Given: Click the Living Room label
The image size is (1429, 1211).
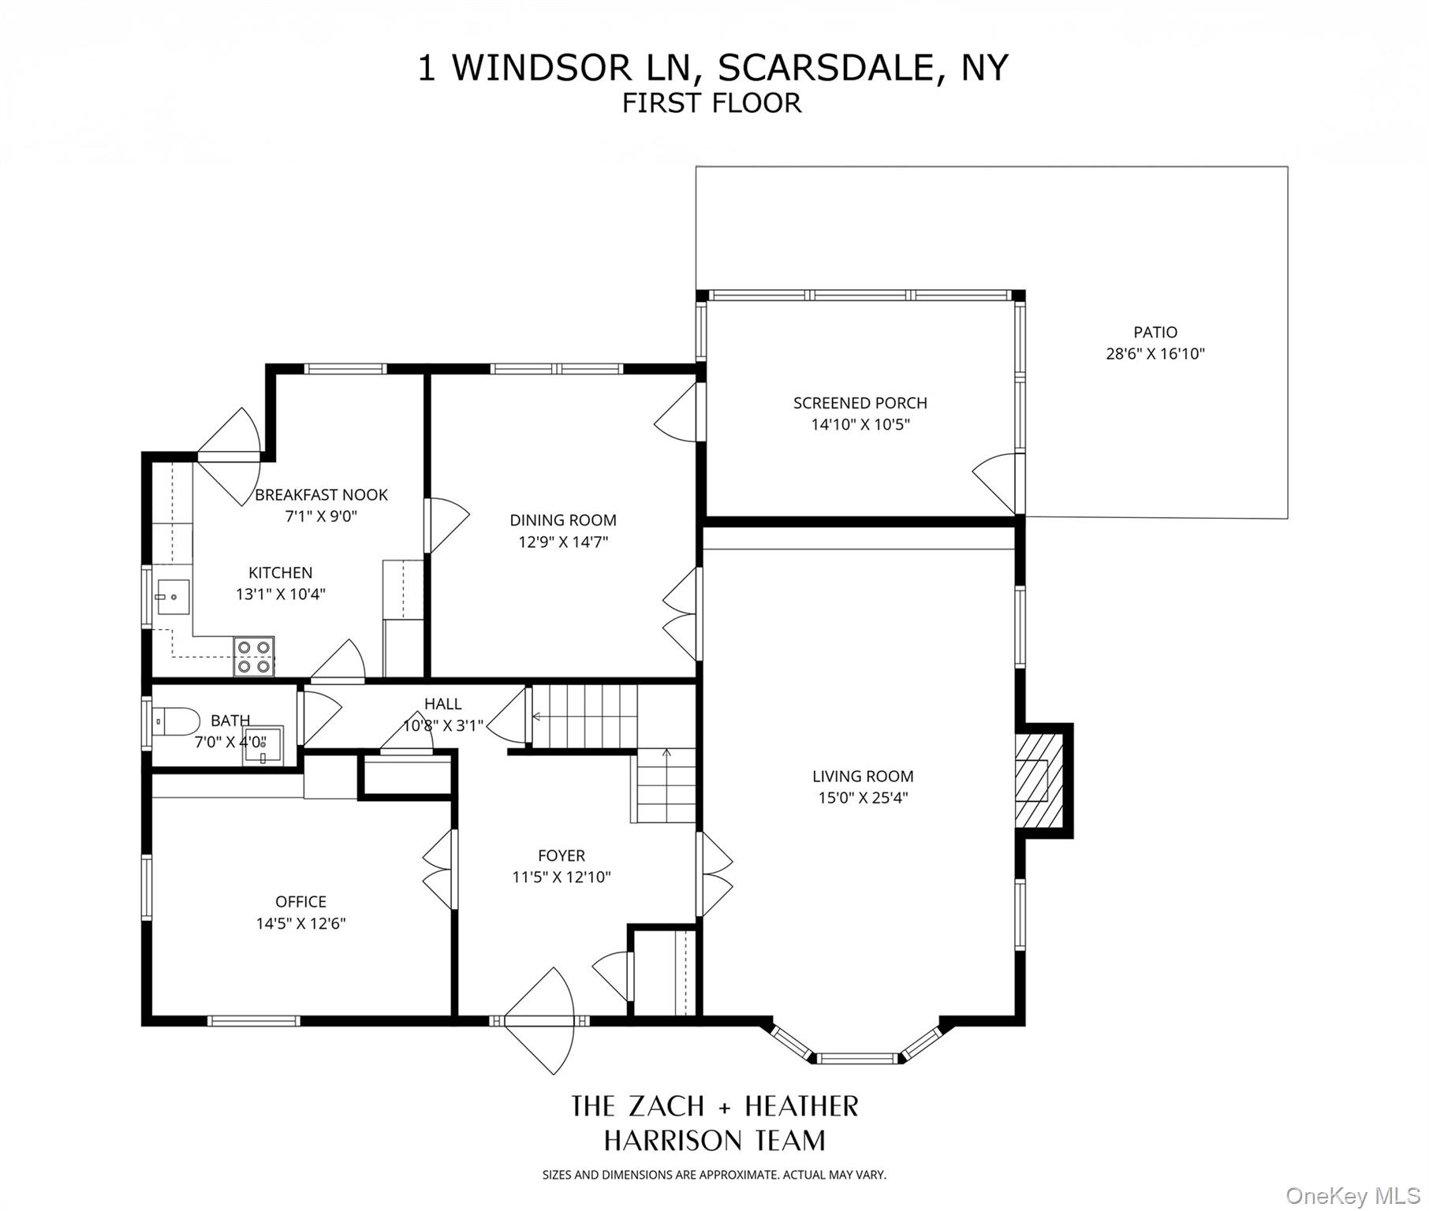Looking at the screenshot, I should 862,776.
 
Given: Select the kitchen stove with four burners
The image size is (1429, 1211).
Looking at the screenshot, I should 254,656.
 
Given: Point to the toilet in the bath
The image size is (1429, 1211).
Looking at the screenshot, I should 175,720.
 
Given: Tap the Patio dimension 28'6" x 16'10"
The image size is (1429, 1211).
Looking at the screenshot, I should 1155,353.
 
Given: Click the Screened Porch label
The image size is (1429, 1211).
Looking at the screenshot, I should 860,403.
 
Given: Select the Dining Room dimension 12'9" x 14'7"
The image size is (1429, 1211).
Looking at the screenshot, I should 562,542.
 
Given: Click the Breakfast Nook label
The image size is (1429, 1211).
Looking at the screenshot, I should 321,495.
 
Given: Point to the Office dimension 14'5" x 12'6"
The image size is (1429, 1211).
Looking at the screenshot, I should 300,923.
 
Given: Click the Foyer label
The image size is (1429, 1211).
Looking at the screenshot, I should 561,855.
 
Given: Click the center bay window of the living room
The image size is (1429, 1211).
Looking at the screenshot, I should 856,1057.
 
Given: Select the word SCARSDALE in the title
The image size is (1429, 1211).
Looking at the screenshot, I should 825,68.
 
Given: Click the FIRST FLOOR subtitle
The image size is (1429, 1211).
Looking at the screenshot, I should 711,103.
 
